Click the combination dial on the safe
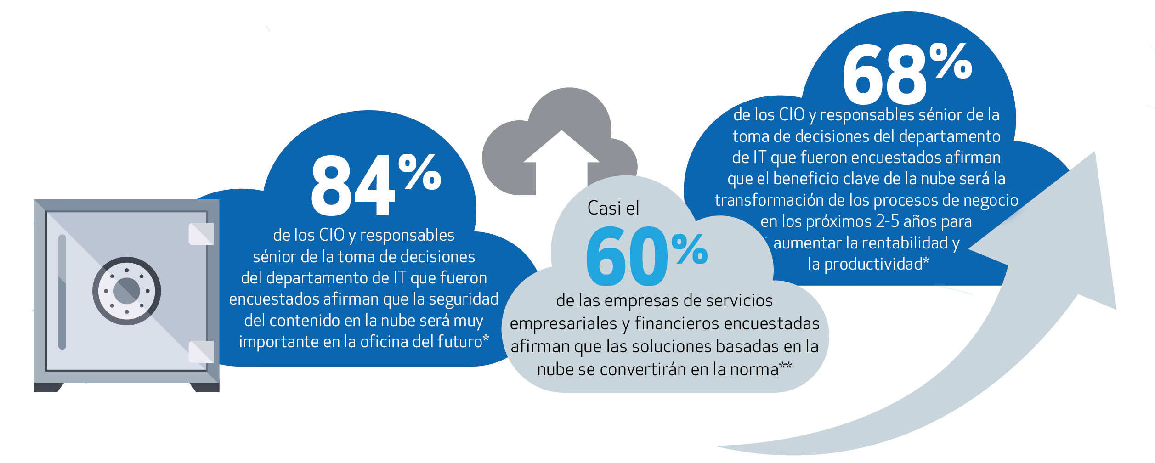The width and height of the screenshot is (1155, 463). [x=127, y=291]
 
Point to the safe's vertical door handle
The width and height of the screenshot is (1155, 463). [x=62, y=292]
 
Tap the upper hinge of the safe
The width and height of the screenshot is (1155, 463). [x=201, y=234]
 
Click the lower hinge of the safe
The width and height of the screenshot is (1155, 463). [x=201, y=352]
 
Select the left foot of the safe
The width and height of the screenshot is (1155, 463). [x=48, y=387]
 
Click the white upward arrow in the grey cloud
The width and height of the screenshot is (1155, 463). [x=561, y=163]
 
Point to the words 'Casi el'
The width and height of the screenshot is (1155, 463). [x=613, y=209]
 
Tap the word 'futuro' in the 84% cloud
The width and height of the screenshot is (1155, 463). [x=459, y=341]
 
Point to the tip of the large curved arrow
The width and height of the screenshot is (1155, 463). [x=1095, y=152]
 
